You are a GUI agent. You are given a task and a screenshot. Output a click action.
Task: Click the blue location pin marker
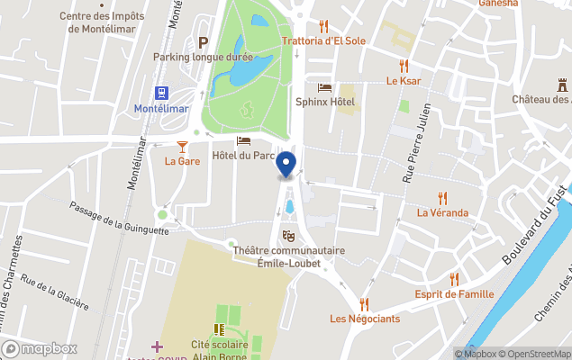coord(286,164)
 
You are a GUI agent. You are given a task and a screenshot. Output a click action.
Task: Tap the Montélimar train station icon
coord(162,93)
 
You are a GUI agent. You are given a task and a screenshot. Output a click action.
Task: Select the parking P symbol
coord(203,41)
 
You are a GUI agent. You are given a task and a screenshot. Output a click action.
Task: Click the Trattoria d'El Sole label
coord(324,41)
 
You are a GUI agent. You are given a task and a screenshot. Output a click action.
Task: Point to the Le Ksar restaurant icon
coord(404,65)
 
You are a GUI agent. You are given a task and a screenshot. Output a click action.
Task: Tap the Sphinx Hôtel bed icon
coord(324,87)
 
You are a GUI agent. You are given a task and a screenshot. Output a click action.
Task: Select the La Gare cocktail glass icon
coord(182,146)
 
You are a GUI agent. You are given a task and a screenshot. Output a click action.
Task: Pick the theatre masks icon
coord(288,236)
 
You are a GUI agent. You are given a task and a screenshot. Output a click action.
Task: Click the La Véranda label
coord(441,213)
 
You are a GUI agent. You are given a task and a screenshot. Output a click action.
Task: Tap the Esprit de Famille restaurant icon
coord(454,279)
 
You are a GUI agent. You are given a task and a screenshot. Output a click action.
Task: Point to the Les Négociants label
coord(364,319)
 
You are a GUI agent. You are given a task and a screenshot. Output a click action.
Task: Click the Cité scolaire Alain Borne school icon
coord(218,330)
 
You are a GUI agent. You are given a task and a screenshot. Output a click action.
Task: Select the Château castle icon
coord(563,84)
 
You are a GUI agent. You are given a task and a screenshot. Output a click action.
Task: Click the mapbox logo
coord(40,348)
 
